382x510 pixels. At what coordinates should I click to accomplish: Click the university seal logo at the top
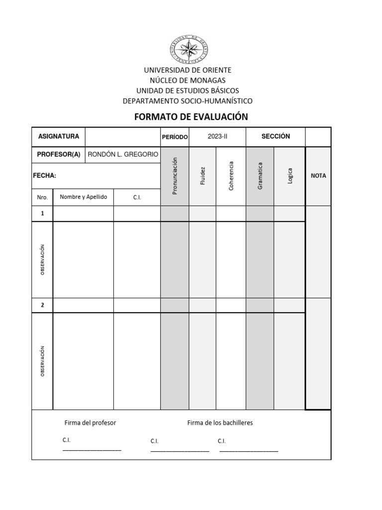(x=191, y=49)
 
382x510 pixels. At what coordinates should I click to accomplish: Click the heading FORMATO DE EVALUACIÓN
(x=191, y=117)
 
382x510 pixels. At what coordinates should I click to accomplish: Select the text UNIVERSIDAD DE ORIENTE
(x=188, y=70)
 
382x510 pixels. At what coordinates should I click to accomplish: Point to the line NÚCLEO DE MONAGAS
(x=188, y=80)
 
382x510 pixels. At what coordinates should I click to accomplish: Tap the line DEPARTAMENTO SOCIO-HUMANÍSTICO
(x=188, y=101)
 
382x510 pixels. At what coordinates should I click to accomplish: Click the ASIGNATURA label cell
(x=58, y=136)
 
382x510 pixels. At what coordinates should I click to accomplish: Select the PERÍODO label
(x=174, y=137)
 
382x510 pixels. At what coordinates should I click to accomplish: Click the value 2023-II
(x=217, y=136)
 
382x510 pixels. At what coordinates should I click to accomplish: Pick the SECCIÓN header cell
(x=275, y=136)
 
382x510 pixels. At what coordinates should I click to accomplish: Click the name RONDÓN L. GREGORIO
(x=122, y=154)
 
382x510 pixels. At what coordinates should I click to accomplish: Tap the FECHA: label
(x=44, y=175)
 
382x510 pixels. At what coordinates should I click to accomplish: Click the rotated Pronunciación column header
(x=174, y=176)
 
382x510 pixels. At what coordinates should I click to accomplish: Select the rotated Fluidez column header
(x=202, y=176)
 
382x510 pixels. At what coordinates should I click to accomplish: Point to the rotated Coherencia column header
(x=231, y=176)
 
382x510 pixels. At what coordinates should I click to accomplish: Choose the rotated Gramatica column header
(x=260, y=176)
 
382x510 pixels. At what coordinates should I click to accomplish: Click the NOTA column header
(x=318, y=176)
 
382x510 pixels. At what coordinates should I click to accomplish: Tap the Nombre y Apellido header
(x=83, y=197)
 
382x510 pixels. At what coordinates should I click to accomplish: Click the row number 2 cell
(x=42, y=305)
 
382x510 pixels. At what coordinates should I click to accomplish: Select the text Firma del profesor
(x=90, y=423)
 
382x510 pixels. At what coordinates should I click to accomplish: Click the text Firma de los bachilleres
(x=220, y=423)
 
